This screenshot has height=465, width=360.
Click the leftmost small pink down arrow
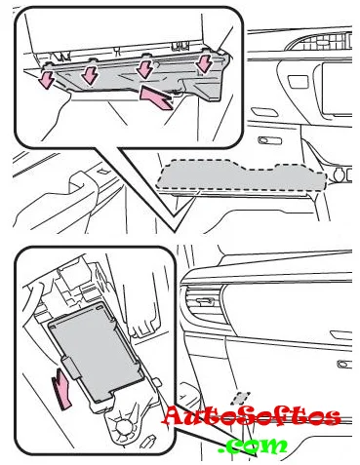47,80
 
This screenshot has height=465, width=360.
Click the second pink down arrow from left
89,75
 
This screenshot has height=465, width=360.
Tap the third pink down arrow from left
144,69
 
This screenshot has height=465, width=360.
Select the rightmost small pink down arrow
204,62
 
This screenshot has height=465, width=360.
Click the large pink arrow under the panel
155,97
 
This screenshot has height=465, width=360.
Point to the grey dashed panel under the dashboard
241,174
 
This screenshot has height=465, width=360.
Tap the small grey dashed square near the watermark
241,398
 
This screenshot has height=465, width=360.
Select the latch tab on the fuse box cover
72,368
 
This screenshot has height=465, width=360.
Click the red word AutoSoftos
251,416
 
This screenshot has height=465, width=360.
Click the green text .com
253,446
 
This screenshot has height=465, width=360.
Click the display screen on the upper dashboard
337,89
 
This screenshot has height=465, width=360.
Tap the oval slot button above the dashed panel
269,140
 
